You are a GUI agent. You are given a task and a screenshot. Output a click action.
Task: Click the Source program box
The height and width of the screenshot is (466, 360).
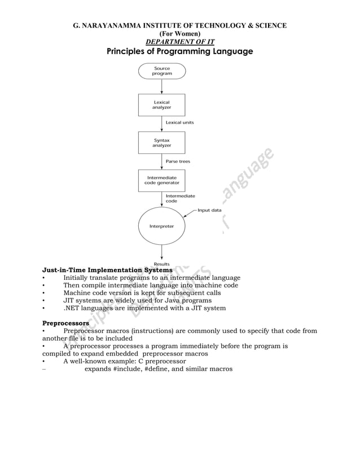(x=162, y=71)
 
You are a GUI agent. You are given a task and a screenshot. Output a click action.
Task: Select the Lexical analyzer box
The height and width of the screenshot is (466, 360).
(x=162, y=104)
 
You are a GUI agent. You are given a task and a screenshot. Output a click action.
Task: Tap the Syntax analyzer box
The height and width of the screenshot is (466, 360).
(x=162, y=142)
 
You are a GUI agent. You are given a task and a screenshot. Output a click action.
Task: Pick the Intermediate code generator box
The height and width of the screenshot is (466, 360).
(x=162, y=180)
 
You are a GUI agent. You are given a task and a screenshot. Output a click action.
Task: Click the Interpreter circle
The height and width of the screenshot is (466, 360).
(x=162, y=226)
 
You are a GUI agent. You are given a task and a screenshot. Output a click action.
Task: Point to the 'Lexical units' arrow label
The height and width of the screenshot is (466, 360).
(x=179, y=122)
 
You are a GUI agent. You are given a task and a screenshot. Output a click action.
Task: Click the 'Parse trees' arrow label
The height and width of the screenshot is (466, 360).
(x=178, y=161)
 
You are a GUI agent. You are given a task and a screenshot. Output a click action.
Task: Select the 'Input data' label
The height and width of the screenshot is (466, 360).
(x=209, y=210)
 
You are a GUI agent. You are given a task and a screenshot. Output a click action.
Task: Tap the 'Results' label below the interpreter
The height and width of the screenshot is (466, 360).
(x=162, y=264)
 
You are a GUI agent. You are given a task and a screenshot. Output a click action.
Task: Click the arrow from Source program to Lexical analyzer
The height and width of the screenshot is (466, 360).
(x=162, y=86)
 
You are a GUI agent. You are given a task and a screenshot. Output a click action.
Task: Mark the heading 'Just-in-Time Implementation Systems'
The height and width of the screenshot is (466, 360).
(x=108, y=270)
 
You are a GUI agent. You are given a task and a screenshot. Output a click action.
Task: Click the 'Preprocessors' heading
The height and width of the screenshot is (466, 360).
(x=65, y=323)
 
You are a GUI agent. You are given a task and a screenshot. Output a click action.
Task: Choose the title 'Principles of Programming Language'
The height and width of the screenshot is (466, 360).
(x=180, y=52)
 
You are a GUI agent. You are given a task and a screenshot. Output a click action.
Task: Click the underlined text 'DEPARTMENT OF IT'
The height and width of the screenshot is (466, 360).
(x=180, y=42)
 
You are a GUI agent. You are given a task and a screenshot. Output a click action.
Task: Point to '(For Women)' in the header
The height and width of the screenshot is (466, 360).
(x=180, y=34)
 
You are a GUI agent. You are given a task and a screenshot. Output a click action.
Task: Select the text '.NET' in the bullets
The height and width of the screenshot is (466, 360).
(x=72, y=309)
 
